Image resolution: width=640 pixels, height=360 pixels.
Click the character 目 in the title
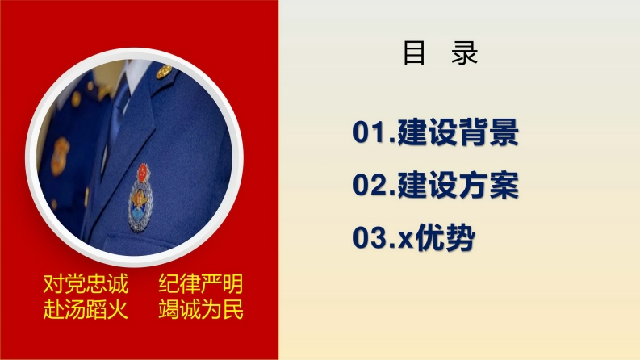(414, 52)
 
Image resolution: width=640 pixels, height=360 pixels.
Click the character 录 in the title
(465, 52)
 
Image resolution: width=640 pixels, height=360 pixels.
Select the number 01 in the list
(369, 132)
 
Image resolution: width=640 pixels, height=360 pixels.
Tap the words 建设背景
(458, 132)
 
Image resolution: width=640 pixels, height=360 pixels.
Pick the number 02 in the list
(369, 185)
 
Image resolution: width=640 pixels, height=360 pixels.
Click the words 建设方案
(458, 185)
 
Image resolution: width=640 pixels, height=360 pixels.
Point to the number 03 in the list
(369, 237)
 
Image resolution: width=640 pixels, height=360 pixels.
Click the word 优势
(445, 237)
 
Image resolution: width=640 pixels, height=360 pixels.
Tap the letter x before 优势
(405, 241)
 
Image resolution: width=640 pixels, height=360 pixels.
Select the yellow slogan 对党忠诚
(86, 283)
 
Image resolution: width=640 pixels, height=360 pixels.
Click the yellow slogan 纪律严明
(201, 283)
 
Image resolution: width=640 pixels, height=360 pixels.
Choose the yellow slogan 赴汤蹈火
(86, 309)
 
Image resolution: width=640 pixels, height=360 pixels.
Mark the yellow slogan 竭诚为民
(201, 309)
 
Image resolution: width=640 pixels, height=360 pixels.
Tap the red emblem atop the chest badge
(143, 173)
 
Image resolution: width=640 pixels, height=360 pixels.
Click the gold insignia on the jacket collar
(164, 72)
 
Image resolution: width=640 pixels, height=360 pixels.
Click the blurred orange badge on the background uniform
(60, 157)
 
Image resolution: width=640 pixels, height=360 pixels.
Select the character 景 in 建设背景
(504, 132)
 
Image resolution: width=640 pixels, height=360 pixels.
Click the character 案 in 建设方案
(504, 185)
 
